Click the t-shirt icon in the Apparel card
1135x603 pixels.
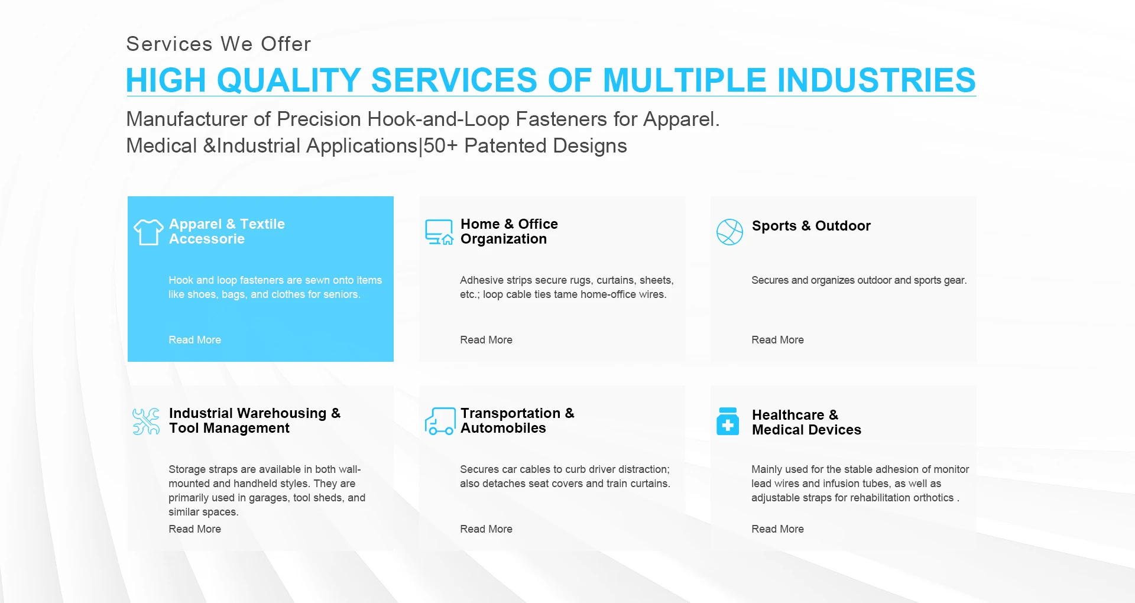tap(148, 232)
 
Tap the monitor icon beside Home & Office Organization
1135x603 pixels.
tap(439, 232)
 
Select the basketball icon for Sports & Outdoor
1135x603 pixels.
tap(729, 232)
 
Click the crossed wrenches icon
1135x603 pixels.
tap(146, 422)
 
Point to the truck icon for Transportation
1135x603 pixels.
tap(440, 422)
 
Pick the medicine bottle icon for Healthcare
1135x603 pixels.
tap(728, 421)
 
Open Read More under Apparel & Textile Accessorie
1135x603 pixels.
tap(194, 340)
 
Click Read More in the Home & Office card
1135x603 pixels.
tap(486, 340)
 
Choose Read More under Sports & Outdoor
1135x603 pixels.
tap(777, 340)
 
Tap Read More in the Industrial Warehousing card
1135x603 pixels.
tap(194, 529)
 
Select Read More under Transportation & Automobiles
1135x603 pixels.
tap(486, 529)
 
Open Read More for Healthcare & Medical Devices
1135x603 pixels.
tap(777, 529)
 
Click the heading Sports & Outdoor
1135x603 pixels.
tap(811, 226)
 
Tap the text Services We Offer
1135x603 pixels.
tap(219, 44)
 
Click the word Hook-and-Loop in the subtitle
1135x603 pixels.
tap(438, 119)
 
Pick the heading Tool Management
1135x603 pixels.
tap(229, 428)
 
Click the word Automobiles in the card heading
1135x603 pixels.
tap(503, 428)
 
